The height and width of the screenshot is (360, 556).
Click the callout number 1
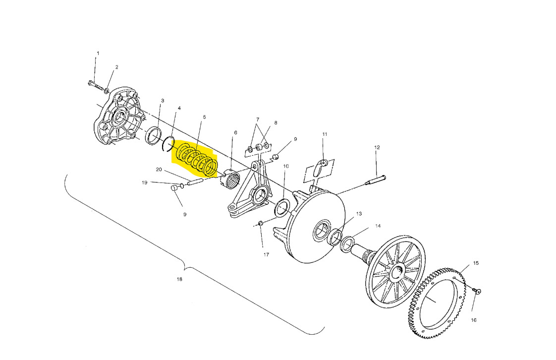pyautogui.click(x=98, y=53)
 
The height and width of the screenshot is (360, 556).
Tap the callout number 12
pyautogui.click(x=377, y=147)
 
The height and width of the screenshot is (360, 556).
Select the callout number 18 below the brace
pyautogui.click(x=179, y=279)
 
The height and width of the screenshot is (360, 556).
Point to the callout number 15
pyautogui.click(x=476, y=263)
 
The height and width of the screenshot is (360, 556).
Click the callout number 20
pyautogui.click(x=159, y=170)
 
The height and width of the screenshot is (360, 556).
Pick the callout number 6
pyautogui.click(x=235, y=133)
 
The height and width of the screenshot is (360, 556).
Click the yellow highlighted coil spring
pyautogui.click(x=197, y=159)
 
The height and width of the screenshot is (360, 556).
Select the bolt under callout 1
pyautogui.click(x=95, y=85)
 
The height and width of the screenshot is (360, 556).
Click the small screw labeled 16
pyautogui.click(x=477, y=291)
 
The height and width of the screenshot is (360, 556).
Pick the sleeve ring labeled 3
pyautogui.click(x=154, y=135)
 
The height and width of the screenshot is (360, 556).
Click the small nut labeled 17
pyautogui.click(x=260, y=223)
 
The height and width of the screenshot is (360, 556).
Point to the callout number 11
pyautogui.click(x=325, y=134)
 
